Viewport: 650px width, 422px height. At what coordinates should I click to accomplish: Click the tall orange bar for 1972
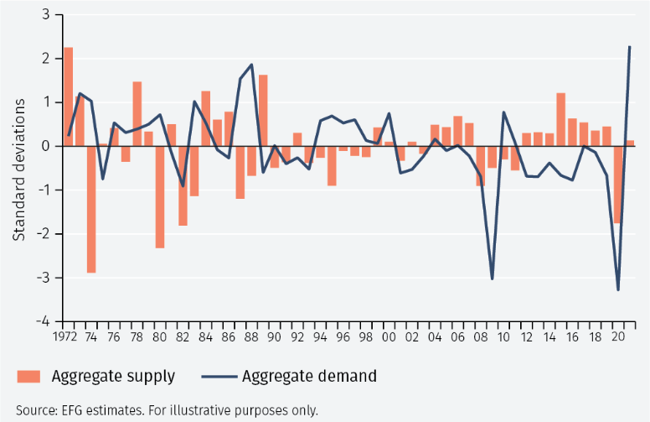tap(68, 96)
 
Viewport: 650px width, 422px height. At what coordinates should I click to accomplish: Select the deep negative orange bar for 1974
tap(91, 209)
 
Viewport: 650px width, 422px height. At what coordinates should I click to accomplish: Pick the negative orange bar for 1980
tap(160, 197)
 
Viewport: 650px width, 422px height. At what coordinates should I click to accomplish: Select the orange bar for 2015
tap(561, 119)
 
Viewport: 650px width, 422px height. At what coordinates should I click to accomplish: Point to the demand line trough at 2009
tap(493, 279)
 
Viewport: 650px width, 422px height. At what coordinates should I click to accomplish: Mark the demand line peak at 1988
tap(251, 65)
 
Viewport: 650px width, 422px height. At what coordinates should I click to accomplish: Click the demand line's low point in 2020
tap(618, 289)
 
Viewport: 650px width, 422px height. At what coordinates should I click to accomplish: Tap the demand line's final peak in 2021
tap(630, 47)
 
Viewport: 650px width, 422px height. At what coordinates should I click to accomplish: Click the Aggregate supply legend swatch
tap(28, 376)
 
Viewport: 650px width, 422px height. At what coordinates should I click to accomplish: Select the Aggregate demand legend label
tap(309, 376)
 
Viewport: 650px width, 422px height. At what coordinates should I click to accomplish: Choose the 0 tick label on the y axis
tap(45, 146)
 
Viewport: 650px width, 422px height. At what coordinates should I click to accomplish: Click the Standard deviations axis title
tap(18, 169)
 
